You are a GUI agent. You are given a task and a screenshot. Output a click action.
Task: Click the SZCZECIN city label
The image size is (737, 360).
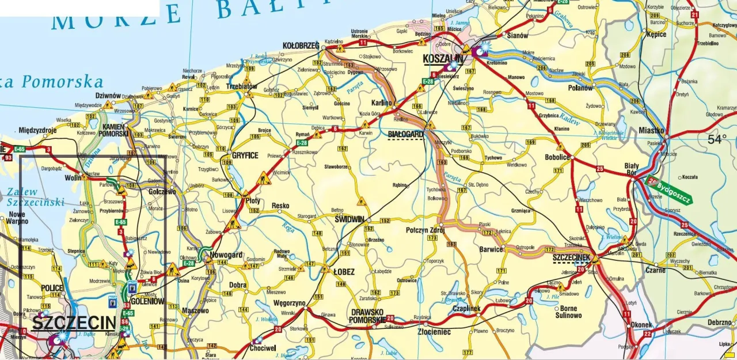click(x=73, y=323)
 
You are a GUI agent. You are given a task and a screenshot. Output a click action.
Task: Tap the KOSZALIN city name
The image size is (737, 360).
click(x=443, y=59)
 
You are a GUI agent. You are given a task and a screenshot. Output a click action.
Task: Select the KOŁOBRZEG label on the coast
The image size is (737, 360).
click(x=301, y=45)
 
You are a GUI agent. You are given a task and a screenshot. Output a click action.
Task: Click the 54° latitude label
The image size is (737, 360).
click(x=717, y=139)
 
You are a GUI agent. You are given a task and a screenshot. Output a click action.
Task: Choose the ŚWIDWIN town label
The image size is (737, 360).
click(x=349, y=219)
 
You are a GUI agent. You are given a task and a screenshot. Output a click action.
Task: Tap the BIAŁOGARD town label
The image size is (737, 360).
click(x=405, y=134)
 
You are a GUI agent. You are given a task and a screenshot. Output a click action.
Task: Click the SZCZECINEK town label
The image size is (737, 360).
click(x=572, y=257)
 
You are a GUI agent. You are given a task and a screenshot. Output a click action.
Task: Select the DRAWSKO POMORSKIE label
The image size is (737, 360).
click(x=367, y=315)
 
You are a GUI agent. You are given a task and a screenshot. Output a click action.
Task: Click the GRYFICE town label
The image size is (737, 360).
click(x=245, y=155)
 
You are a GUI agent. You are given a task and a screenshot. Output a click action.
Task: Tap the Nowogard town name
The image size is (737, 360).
click(x=226, y=255)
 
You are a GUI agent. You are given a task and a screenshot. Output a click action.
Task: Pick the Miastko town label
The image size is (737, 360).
click(x=651, y=131)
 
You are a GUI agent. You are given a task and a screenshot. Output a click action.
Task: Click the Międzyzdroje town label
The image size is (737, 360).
click(x=38, y=130)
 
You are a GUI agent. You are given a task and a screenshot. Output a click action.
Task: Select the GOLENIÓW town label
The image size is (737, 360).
click(x=148, y=301)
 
